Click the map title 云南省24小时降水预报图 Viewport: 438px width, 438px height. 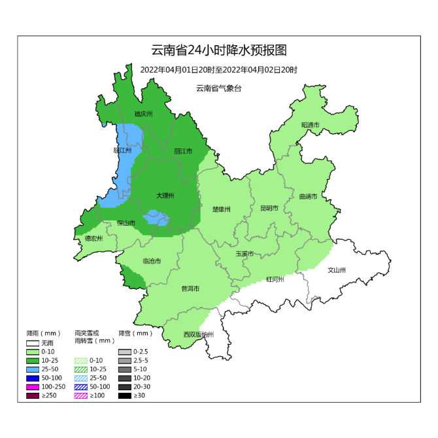[218, 50]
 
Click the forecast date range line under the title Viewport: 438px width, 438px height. [218, 70]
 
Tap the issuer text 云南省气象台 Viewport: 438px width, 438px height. [218, 88]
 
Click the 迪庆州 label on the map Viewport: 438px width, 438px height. [143, 114]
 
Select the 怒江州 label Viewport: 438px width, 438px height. [122, 150]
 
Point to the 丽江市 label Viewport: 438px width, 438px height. [183, 151]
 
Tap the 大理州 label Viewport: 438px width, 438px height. [165, 195]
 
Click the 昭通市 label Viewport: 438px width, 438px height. [310, 125]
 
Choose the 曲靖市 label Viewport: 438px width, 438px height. [307, 196]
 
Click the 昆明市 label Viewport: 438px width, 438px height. [269, 209]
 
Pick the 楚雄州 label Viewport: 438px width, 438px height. [222, 209]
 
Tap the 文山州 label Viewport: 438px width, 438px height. [337, 269]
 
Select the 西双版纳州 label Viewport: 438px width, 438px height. [198, 335]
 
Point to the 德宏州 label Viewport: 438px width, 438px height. [93, 239]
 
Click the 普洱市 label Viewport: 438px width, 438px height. [190, 288]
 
